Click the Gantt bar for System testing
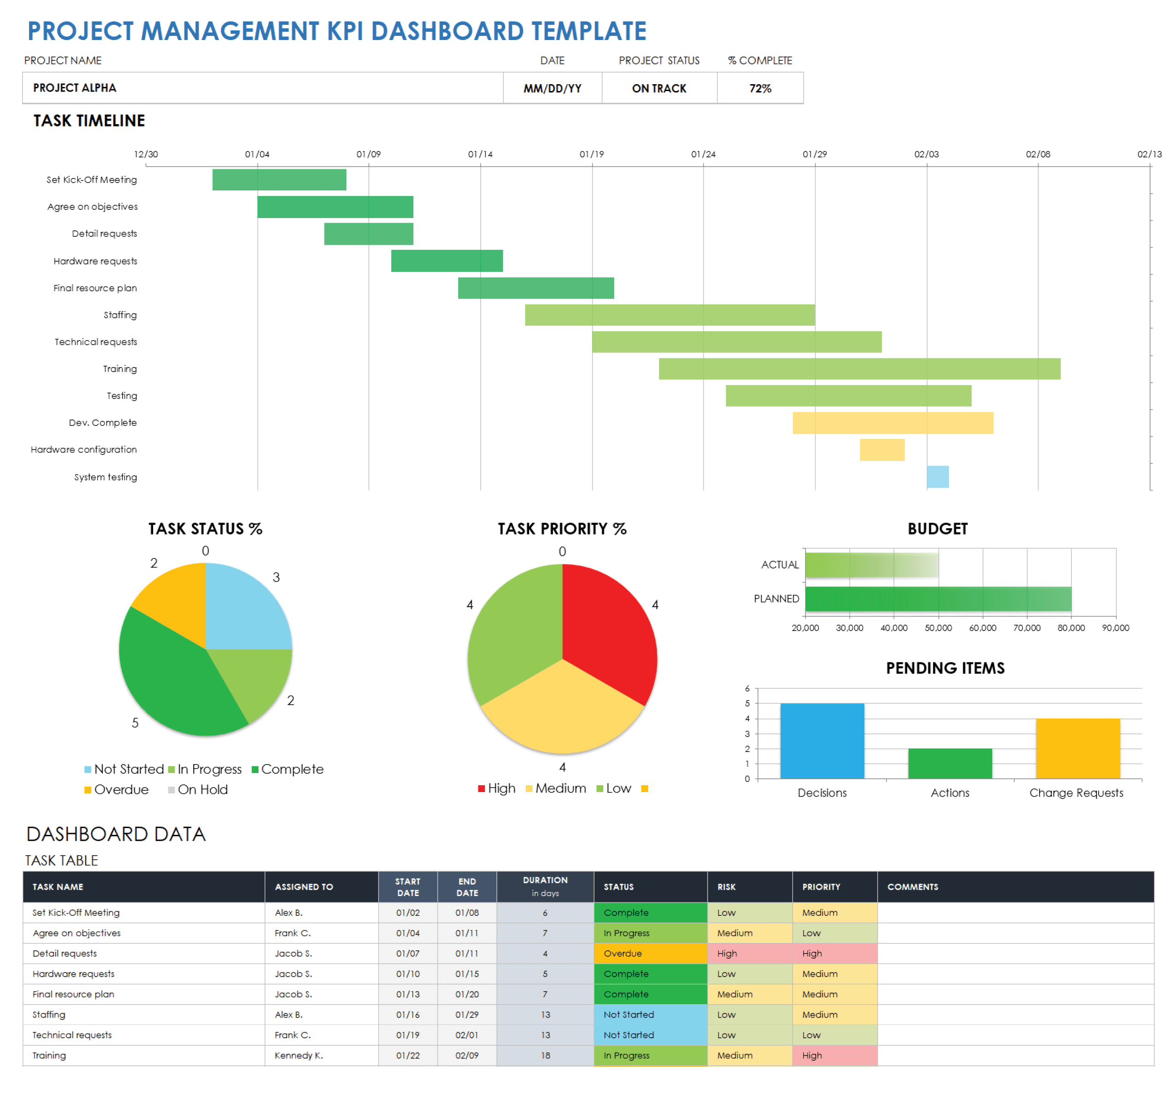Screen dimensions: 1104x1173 937,477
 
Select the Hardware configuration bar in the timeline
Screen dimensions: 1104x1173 881,449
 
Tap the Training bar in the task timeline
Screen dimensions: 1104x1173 859,369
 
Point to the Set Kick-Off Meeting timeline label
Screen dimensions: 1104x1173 92,180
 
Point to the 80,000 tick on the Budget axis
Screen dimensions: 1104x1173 1071,628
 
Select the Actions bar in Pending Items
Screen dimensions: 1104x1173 950,764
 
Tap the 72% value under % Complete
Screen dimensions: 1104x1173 760,88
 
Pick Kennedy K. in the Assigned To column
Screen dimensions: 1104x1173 299,1056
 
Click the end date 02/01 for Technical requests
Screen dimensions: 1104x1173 467,1035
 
